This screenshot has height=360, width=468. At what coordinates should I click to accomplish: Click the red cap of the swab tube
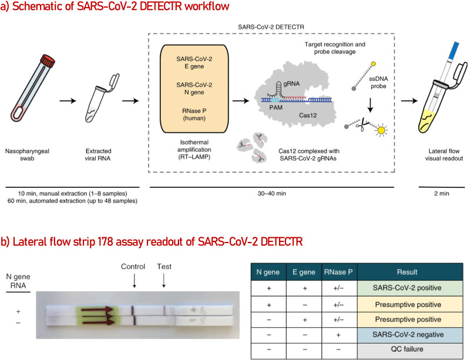pos(48,60)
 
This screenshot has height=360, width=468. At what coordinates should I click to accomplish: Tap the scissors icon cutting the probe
pos(362,125)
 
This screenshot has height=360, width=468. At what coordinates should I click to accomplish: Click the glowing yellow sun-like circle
pos(381,130)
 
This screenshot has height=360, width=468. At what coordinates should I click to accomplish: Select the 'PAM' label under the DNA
pos(276,107)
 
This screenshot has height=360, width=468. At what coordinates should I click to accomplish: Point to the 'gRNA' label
pos(291,83)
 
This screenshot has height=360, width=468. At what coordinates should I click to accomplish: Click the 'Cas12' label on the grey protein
pos(308,115)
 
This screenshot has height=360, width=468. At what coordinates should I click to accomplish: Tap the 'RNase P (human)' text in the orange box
pos(194,115)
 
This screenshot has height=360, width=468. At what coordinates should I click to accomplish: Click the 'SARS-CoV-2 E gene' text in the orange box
pos(194,63)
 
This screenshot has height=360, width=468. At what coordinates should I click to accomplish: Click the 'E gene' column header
pos(304,272)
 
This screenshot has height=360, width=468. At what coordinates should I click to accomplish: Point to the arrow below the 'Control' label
pos(134,281)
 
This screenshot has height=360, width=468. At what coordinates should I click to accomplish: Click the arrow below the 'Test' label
pos(164,281)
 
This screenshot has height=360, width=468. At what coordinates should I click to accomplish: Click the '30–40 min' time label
pos(272,193)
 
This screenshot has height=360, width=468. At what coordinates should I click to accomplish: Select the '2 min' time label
pos(442,193)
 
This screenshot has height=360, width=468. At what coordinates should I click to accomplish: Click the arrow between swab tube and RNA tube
pos(68,101)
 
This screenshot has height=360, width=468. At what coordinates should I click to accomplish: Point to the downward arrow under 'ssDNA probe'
pos(370,105)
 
